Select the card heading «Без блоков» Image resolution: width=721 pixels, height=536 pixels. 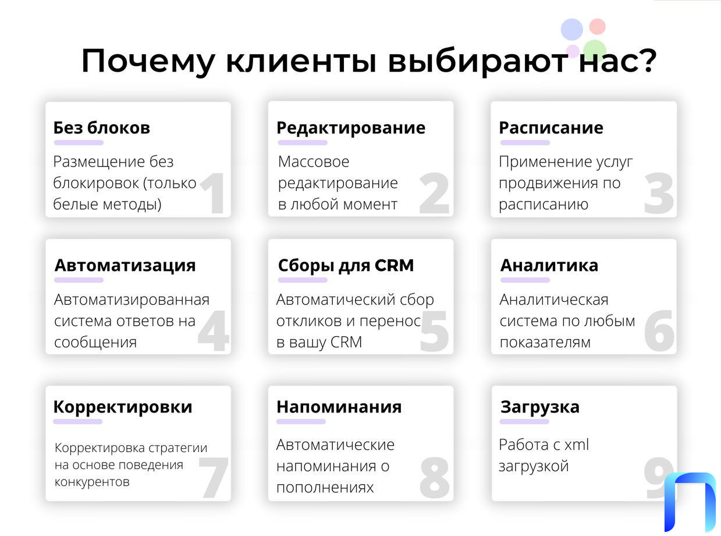(x=102, y=128)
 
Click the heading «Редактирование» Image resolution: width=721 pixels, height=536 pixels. (x=351, y=128)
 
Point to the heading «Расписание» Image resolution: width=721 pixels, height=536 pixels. (x=551, y=128)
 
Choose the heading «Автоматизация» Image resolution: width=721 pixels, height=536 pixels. (x=125, y=266)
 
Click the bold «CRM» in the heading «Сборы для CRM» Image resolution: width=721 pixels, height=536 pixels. (x=394, y=265)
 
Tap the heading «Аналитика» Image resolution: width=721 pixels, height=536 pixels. (x=549, y=265)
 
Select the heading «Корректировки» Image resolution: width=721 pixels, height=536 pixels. (x=123, y=407)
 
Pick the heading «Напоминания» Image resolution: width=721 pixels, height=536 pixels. (x=339, y=407)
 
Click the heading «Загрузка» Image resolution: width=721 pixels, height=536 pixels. (x=540, y=408)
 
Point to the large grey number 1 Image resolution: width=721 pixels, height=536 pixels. (x=214, y=193)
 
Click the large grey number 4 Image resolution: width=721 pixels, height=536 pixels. (x=213, y=331)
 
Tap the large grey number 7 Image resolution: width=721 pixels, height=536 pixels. (x=213, y=477)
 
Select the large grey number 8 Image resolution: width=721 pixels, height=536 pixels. (x=435, y=477)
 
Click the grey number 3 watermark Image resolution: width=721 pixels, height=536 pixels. (x=659, y=193)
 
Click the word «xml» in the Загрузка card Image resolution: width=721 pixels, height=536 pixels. (x=576, y=445)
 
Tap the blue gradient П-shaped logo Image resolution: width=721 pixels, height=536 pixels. (x=690, y=502)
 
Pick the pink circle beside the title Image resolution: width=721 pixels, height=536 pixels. (x=597, y=26)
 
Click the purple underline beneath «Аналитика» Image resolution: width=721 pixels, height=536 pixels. (x=525, y=280)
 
